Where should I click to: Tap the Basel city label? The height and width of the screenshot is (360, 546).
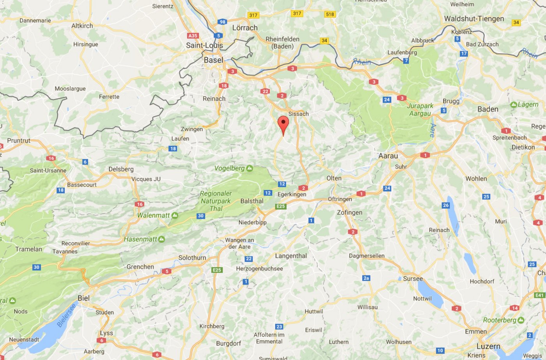213,60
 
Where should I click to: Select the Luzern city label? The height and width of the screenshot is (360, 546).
488,346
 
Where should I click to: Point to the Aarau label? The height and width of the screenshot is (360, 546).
388,156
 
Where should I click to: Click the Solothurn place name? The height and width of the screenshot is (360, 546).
192,258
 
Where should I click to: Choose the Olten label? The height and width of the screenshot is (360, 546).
334,178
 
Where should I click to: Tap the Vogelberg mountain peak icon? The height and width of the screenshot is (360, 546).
250,168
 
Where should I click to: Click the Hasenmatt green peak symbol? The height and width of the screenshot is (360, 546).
161,239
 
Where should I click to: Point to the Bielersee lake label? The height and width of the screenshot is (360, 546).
67,316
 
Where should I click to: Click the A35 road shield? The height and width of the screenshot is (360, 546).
193,35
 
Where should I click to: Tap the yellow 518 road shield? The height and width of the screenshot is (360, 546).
330,14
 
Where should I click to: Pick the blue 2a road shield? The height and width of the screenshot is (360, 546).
366,278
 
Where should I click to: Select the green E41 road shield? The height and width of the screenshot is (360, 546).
540,295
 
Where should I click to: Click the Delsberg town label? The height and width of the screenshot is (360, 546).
121,169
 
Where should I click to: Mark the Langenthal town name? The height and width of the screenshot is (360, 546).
291,256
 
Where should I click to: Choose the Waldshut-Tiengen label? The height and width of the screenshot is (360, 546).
474,19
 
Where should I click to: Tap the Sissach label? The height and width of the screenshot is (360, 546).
298,114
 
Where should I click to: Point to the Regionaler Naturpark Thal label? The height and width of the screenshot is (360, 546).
216,201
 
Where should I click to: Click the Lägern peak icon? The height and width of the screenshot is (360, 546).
514,105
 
